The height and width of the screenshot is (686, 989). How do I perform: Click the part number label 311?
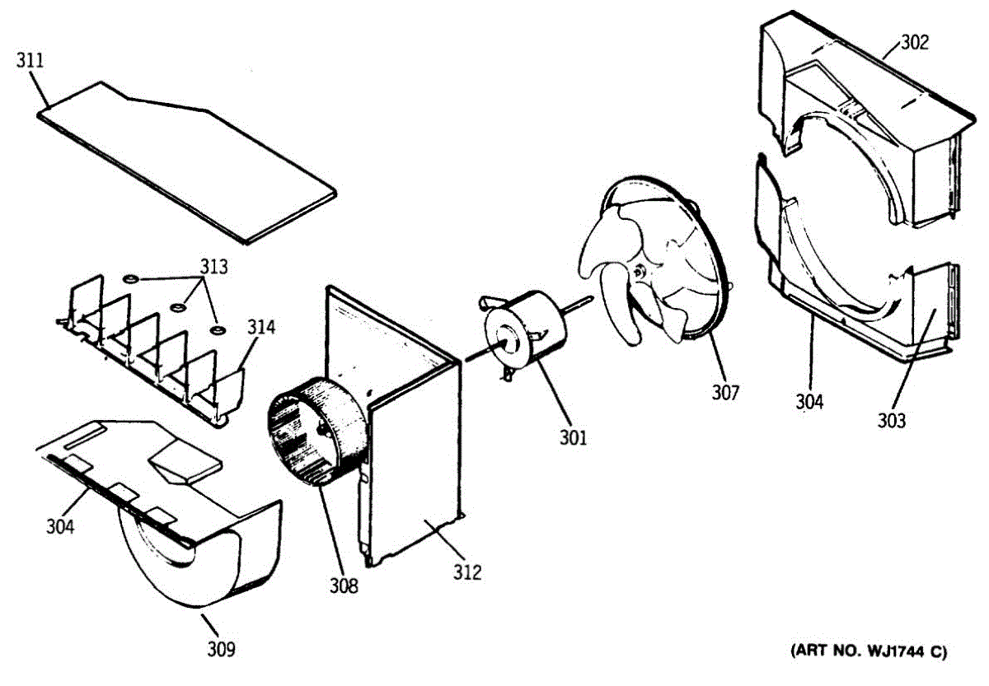(30, 61)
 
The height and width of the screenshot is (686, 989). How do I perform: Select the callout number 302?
(913, 43)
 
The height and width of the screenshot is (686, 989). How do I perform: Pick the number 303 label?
(891, 421)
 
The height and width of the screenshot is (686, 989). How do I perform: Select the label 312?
(466, 572)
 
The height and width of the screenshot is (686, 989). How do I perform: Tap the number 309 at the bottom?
(221, 649)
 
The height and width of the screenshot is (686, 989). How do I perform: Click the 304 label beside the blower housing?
(59, 524)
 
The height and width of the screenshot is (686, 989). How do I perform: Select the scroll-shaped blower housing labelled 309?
(198, 544)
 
